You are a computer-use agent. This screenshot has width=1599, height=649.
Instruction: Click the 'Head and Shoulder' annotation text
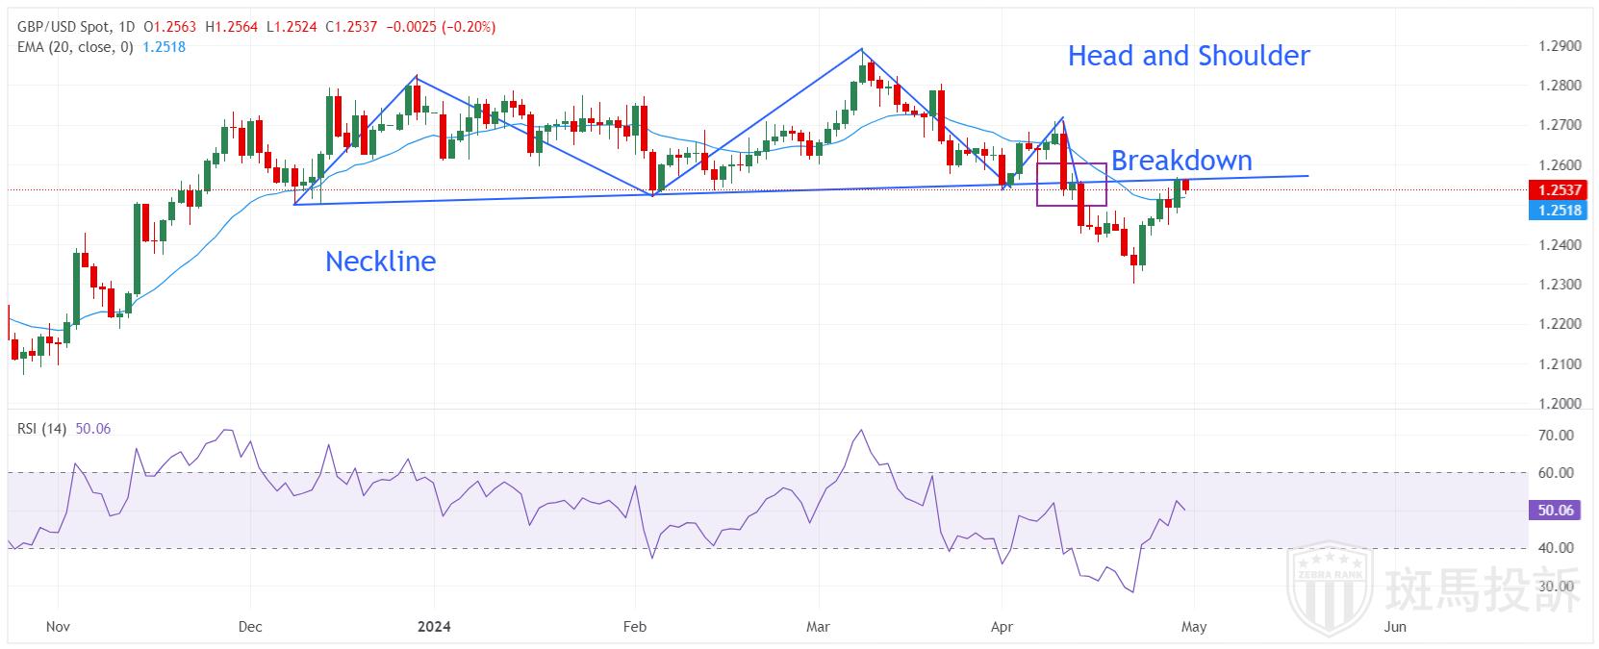[x=1188, y=56]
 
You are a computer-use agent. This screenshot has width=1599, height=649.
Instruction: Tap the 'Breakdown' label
[x=1181, y=160]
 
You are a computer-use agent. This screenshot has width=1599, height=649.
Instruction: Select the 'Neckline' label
[x=380, y=262]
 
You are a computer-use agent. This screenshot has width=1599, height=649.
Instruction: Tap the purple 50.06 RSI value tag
[x=1555, y=511]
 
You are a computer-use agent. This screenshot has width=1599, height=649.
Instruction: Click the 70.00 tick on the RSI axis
[x=1556, y=436]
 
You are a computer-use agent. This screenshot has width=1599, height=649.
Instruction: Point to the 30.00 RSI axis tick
[x=1556, y=586]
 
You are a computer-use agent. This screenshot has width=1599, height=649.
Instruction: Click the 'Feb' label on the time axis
[x=634, y=627]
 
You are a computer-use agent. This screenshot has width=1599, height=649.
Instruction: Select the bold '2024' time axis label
[x=434, y=627]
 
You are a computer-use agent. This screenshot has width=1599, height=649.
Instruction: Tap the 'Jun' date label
[x=1394, y=627]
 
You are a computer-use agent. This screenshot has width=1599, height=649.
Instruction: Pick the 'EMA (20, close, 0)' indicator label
[x=75, y=46]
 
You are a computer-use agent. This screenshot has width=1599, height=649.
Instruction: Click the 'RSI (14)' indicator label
[x=41, y=429]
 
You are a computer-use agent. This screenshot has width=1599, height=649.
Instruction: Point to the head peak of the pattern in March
[x=861, y=50]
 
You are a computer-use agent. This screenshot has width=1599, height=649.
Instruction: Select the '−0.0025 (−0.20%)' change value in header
[x=441, y=27]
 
